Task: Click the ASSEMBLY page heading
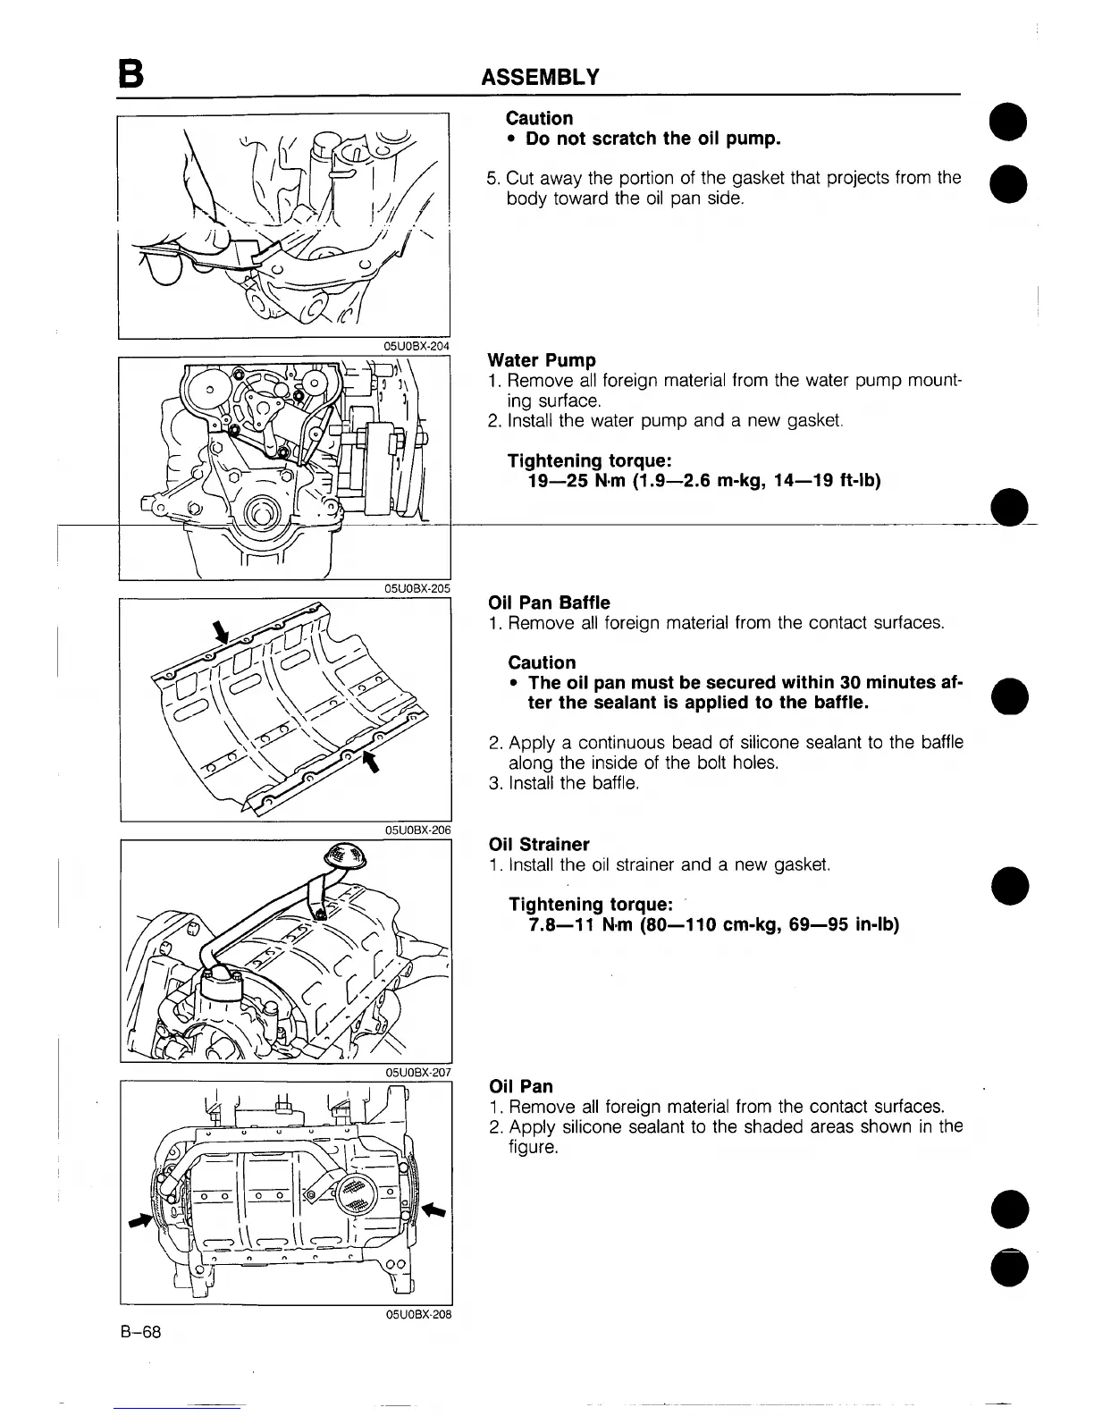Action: pos(539,77)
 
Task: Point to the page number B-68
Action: pos(140,1332)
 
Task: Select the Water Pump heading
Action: pos(542,360)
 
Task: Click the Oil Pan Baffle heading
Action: pos(550,603)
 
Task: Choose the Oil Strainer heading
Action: pos(539,844)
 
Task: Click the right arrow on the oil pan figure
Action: pos(433,1209)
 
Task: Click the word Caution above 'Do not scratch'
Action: pos(539,118)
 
